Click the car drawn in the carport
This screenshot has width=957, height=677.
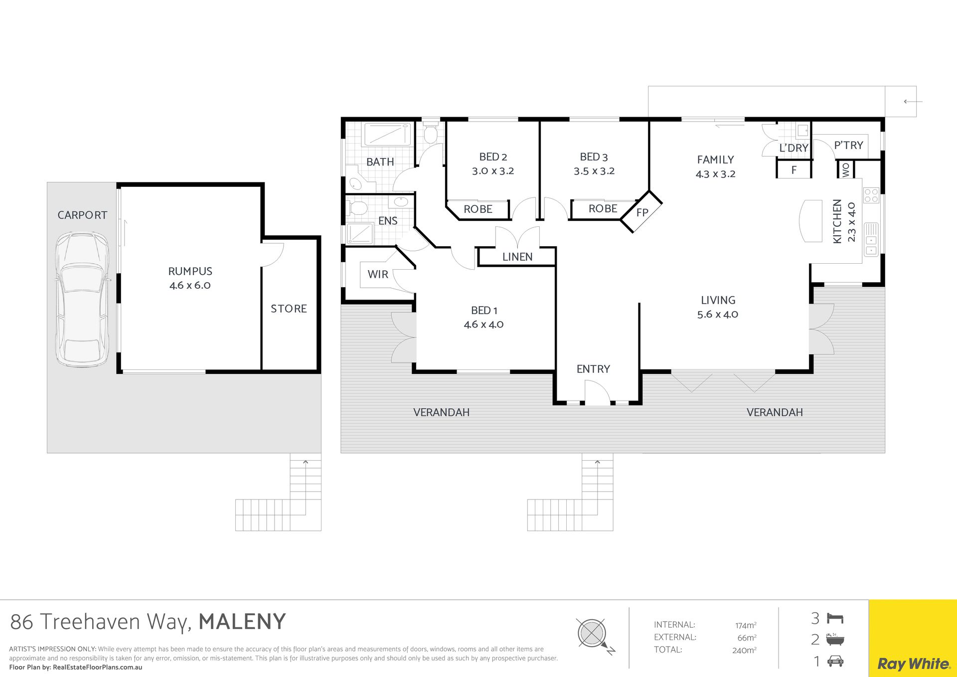(82, 300)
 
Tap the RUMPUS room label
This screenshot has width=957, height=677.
(190, 271)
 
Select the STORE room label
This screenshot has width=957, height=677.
(289, 309)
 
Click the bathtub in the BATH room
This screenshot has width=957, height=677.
(387, 135)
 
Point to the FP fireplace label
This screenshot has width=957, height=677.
(642, 212)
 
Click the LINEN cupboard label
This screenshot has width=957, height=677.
(517, 257)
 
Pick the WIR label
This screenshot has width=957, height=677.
(378, 274)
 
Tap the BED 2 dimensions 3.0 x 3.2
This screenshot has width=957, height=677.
(493, 171)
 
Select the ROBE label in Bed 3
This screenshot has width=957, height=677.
(603, 208)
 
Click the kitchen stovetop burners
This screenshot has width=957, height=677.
(871, 195)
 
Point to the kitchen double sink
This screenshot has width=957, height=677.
(871, 239)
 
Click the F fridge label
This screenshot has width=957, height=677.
(794, 170)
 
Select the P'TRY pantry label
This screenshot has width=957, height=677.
(848, 145)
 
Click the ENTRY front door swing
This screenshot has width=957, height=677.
(597, 392)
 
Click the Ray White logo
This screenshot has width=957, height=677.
(913, 664)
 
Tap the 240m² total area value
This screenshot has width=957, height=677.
(744, 650)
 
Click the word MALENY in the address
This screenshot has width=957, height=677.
(242, 622)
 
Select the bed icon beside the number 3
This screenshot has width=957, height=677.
(835, 619)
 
